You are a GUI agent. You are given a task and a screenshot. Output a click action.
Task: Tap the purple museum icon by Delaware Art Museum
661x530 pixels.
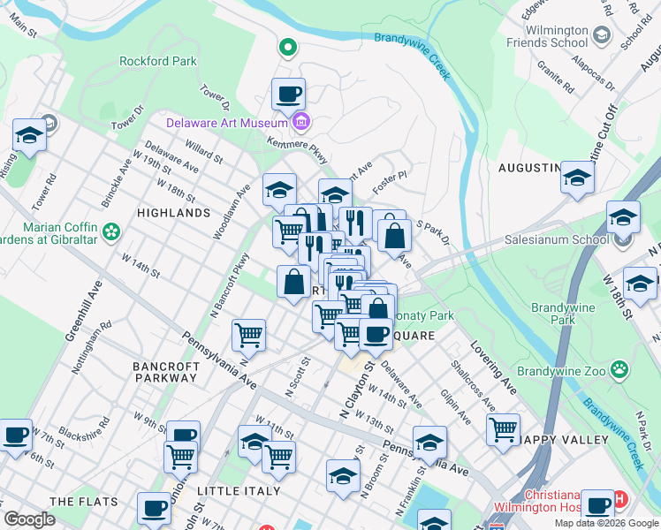pyautogui.click(x=301, y=121)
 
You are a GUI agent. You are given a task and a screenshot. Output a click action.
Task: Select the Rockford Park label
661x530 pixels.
pyautogui.click(x=158, y=61)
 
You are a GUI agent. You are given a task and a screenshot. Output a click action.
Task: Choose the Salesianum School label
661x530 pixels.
pyautogui.click(x=556, y=238)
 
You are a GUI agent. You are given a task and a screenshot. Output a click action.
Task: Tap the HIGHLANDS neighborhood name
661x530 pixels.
pyautogui.click(x=174, y=213)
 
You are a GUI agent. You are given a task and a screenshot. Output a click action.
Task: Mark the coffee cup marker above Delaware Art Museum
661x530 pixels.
pyautogui.click(x=288, y=93)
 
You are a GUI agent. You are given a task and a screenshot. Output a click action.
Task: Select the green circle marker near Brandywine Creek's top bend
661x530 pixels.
pyautogui.click(x=287, y=47)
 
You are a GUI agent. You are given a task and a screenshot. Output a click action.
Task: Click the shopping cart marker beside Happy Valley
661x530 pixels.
pyautogui.click(x=503, y=429)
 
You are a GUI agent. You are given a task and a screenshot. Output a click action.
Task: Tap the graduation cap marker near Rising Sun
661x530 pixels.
pyautogui.click(x=29, y=136)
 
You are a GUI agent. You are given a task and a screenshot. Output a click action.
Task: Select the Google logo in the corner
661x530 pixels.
pyautogui.click(x=29, y=519)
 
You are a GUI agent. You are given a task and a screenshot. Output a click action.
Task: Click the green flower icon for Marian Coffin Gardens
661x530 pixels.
pyautogui.click(x=111, y=231)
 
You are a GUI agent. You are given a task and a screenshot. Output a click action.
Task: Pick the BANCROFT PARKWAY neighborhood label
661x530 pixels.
pyautogui.click(x=164, y=371)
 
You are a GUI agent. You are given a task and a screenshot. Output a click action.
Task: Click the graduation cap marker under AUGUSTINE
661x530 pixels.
pyautogui.click(x=577, y=178)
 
